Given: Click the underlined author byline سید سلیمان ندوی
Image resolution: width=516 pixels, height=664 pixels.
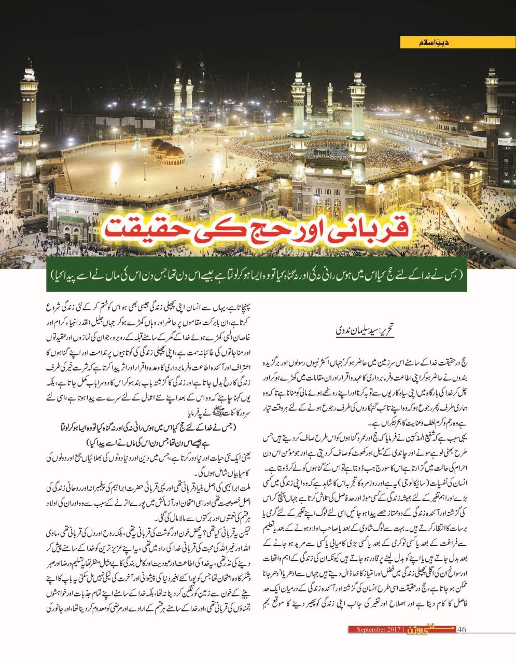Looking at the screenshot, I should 357,330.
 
